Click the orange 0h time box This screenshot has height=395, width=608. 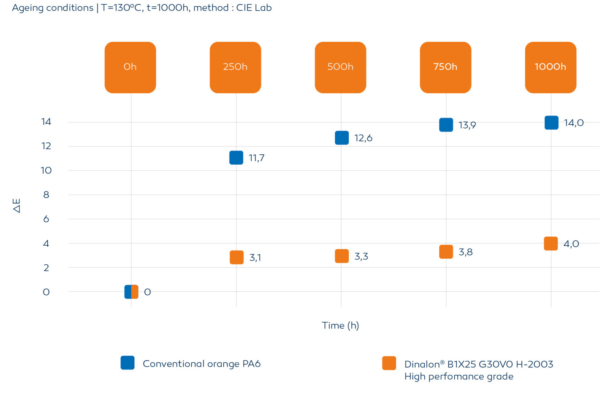[x=130, y=67]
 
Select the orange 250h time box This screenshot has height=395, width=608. [x=235, y=67]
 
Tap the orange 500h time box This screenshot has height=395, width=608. [x=340, y=67]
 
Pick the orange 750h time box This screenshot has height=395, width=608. [x=445, y=67]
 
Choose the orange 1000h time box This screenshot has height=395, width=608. [x=551, y=67]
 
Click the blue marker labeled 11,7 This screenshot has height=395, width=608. [x=236, y=158]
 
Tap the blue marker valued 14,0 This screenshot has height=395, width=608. [x=551, y=123]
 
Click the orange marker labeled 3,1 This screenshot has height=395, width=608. [x=236, y=257]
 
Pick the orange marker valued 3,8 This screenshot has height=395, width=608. [x=446, y=252]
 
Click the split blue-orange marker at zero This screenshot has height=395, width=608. [x=131, y=292]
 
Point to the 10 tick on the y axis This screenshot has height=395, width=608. [x=46, y=170]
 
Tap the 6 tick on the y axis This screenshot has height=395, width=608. [x=46, y=219]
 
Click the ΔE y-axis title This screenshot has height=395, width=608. [x=16, y=206]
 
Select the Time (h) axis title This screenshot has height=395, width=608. [x=340, y=325]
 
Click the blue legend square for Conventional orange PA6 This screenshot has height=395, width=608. [x=128, y=363]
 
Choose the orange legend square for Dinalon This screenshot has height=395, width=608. [x=389, y=363]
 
